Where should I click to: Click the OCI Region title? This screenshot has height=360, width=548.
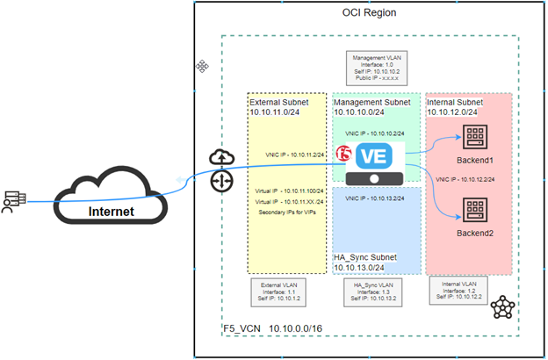tap(368, 14)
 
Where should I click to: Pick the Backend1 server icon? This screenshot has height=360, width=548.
tap(477, 138)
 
